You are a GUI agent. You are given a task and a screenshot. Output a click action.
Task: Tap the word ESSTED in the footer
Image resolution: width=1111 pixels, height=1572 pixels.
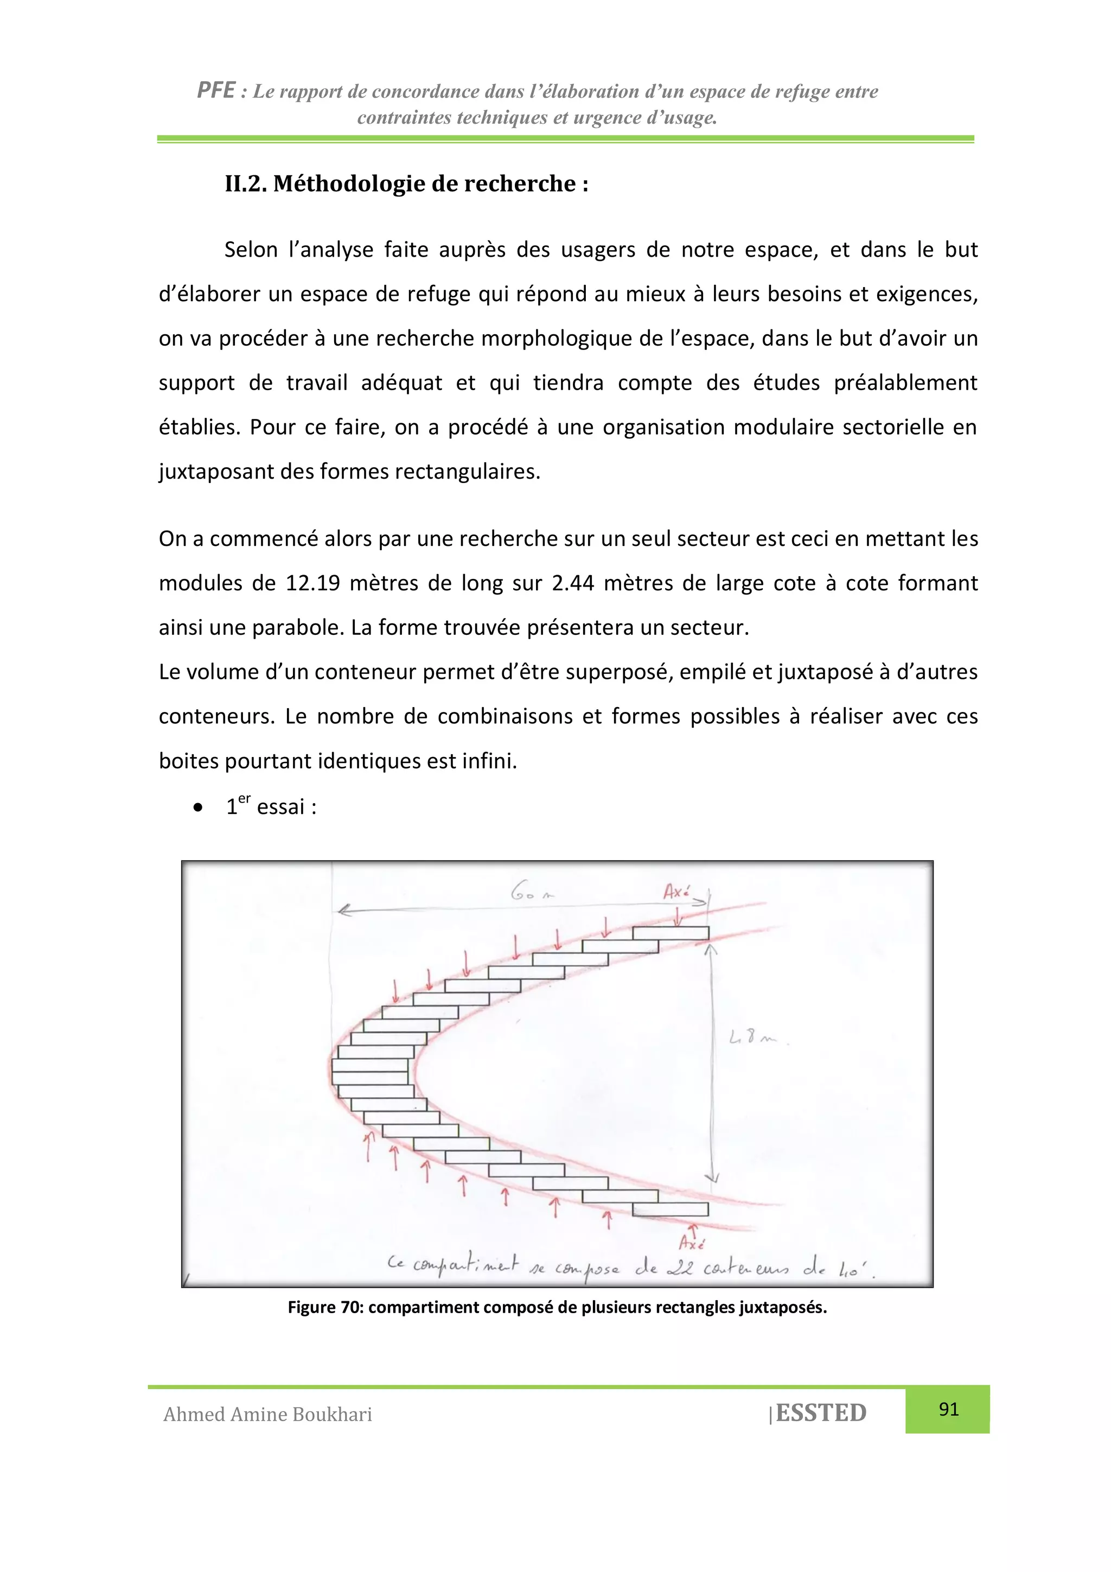[821, 1412]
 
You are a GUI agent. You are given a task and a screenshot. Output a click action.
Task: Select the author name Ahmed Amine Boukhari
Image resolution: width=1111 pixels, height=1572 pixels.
[267, 1415]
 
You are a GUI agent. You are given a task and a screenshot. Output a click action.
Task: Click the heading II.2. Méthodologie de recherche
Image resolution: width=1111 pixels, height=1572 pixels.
[407, 183]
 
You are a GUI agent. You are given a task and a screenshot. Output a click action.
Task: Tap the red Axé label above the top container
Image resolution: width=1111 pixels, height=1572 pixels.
[676, 892]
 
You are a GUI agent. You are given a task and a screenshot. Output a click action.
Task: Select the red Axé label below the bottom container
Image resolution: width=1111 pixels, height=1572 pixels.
[691, 1243]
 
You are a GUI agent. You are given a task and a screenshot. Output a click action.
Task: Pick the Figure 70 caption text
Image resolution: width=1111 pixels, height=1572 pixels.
[557, 1307]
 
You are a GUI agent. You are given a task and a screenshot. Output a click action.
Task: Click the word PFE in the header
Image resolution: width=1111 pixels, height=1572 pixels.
[215, 91]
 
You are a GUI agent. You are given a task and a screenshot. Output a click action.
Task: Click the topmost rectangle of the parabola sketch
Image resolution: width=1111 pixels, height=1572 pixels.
[670, 933]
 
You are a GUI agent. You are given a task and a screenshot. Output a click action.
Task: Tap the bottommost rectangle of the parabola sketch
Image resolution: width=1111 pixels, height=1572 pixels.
[670, 1210]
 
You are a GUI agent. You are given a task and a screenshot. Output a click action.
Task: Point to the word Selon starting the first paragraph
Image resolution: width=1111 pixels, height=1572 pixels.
[251, 250]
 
